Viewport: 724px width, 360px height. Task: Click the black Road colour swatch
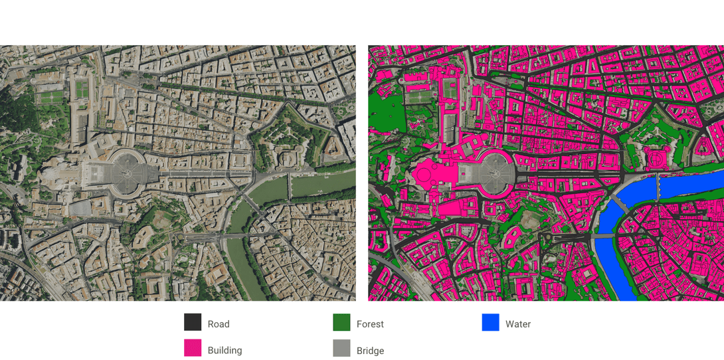coord(193,322)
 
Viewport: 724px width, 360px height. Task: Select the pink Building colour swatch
coord(193,348)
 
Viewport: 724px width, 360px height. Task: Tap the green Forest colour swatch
coord(341,322)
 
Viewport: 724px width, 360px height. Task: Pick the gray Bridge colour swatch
coord(341,348)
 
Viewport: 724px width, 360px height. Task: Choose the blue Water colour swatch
coord(490,322)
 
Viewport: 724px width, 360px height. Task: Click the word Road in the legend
coord(219,324)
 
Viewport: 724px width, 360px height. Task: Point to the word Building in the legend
coord(225,350)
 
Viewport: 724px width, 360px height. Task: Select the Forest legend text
coord(370,324)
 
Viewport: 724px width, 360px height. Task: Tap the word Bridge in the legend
coord(370,350)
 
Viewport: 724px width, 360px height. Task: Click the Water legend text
coord(518,324)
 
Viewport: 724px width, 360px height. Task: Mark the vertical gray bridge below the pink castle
coord(658,187)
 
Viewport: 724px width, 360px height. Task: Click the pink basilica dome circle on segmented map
coord(423,176)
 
